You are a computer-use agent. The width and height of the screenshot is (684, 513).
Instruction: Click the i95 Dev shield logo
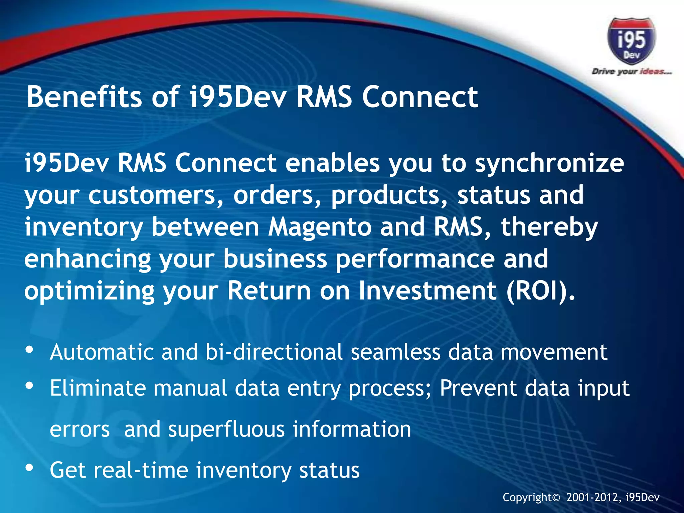(x=631, y=41)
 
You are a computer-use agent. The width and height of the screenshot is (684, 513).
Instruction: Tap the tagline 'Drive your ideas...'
(x=631, y=71)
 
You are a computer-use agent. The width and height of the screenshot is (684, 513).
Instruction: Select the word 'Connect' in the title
(x=420, y=97)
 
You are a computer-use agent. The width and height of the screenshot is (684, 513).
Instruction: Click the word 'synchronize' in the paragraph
(x=549, y=164)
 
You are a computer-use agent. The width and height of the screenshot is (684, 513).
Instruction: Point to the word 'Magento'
(x=320, y=227)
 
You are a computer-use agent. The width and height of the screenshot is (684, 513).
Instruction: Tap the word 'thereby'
(x=549, y=227)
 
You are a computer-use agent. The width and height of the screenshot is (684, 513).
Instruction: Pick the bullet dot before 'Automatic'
(x=29, y=350)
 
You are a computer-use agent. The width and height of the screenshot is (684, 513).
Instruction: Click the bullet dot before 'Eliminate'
(x=29, y=386)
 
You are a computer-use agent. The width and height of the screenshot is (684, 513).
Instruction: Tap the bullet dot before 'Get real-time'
(x=29, y=468)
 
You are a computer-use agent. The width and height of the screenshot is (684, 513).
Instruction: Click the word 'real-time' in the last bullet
(x=141, y=470)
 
